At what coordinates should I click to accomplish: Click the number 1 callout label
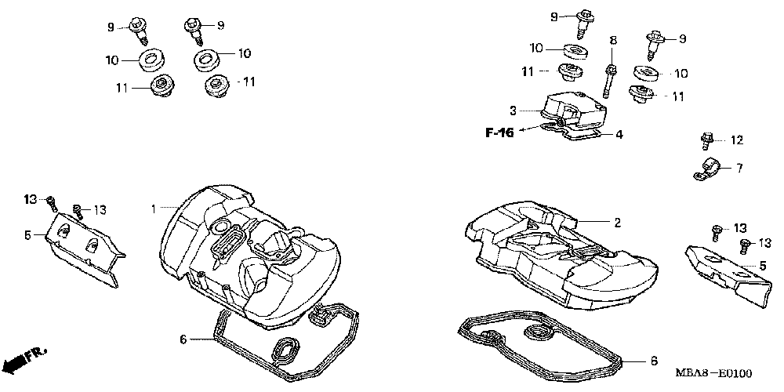click(x=154, y=209)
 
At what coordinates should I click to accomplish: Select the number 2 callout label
click(x=617, y=223)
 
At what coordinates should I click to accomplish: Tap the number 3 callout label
click(x=534, y=111)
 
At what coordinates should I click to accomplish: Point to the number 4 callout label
click(x=619, y=135)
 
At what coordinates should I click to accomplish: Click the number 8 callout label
click(x=613, y=39)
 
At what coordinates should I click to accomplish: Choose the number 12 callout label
click(x=736, y=140)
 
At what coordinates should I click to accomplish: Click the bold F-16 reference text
click(x=499, y=133)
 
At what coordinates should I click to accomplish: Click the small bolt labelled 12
click(x=706, y=142)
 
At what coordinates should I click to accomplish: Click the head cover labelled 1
click(x=243, y=251)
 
